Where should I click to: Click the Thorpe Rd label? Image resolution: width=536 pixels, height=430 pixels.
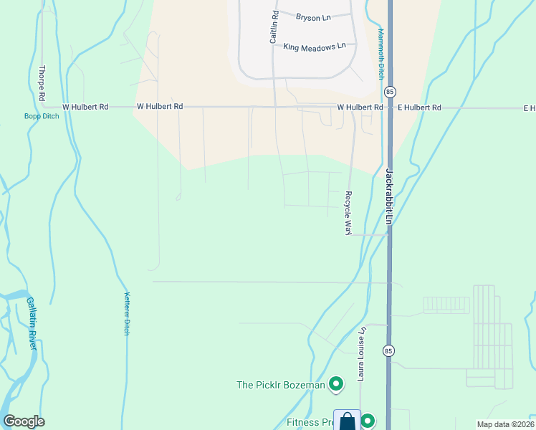click(42, 83)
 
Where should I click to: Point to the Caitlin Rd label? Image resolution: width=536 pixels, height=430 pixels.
click(274, 27)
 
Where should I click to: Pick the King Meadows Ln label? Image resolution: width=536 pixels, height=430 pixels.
click(315, 47)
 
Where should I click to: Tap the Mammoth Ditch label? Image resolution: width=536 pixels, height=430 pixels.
click(382, 54)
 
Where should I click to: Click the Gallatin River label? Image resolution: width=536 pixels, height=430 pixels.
click(32, 323)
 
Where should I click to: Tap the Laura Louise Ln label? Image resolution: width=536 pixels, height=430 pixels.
click(363, 354)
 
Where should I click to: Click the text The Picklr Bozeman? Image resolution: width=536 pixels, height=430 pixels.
click(281, 385)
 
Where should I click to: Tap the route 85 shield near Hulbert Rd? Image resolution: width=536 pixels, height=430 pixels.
click(389, 92)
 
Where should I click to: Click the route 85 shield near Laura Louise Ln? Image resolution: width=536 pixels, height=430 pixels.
click(388, 350)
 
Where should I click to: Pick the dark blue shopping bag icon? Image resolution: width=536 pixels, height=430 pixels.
click(347, 421)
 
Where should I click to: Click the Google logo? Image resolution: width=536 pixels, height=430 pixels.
click(24, 421)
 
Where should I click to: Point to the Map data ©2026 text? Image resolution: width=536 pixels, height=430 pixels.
click(505, 424)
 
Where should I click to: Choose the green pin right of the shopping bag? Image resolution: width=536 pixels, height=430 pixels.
click(368, 421)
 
